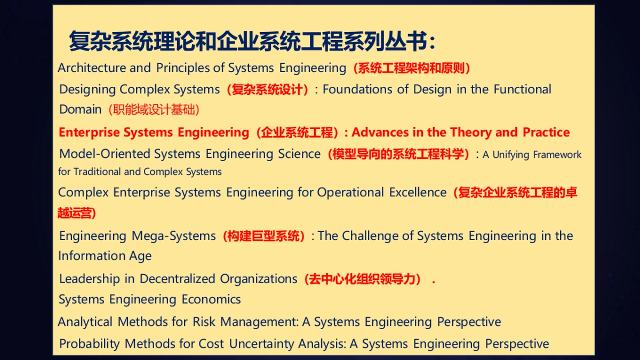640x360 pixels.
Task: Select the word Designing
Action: coord(87,90)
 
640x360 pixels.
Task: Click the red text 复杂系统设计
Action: coord(268,90)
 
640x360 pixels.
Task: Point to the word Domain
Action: coord(80,109)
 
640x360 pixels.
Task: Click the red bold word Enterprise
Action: coord(90,132)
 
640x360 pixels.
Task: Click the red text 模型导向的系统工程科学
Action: coord(398,155)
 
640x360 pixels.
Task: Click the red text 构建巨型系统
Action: coord(264,236)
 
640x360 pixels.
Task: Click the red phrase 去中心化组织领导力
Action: coord(362,279)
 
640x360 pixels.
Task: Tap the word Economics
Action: coord(211,300)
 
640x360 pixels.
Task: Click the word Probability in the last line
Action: coord(89,344)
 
